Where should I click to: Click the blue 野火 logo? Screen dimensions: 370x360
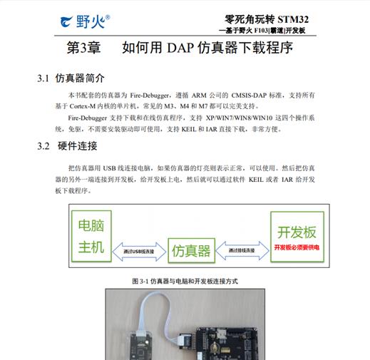[x=85, y=21]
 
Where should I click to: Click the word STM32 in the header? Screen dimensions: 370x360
[x=293, y=19]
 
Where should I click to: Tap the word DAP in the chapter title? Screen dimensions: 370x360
[x=180, y=48]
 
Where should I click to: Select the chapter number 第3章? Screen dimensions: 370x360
[x=83, y=48]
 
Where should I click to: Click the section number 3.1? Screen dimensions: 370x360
[x=43, y=78]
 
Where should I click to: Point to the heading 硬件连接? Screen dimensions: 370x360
[x=78, y=146]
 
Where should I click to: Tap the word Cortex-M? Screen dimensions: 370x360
[x=83, y=106]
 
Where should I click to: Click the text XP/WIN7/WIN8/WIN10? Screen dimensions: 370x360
[x=239, y=118]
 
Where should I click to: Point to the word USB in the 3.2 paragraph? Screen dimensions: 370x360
[x=109, y=168]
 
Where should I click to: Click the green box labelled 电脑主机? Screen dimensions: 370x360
[x=91, y=237]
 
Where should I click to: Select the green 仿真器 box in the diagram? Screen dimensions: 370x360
[x=192, y=251]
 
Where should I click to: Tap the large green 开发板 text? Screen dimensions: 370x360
[x=297, y=232]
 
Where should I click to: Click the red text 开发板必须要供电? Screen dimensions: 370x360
[x=297, y=247]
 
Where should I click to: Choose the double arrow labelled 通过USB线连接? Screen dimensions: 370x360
[x=139, y=252]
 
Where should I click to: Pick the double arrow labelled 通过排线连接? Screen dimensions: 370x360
[x=242, y=250]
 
